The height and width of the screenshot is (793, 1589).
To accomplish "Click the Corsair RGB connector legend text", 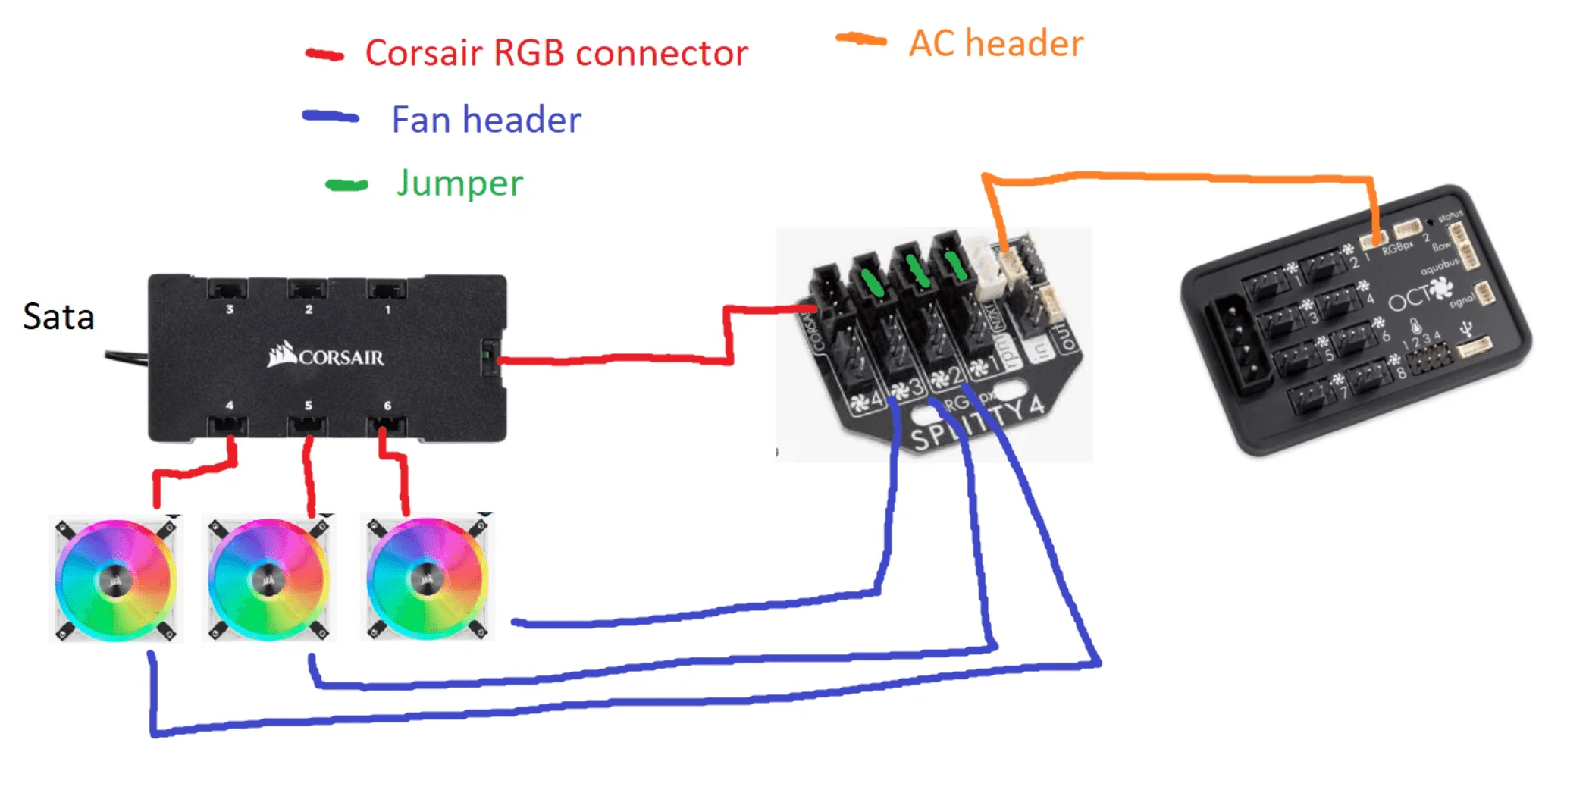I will tap(556, 53).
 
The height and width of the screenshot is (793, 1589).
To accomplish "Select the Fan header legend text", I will tap(486, 120).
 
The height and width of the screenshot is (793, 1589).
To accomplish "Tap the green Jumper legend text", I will tap(459, 183).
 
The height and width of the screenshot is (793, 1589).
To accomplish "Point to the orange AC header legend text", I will tap(995, 43).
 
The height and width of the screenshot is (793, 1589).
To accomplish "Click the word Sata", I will tap(58, 317).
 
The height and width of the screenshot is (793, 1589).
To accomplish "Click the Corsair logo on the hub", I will tap(326, 356).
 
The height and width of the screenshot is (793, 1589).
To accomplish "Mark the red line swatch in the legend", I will tap(324, 55).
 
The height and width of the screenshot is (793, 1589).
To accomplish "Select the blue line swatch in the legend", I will tap(331, 117).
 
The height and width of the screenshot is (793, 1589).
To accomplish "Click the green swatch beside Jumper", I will tap(346, 185).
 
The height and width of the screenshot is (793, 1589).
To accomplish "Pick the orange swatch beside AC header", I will tap(861, 39).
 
